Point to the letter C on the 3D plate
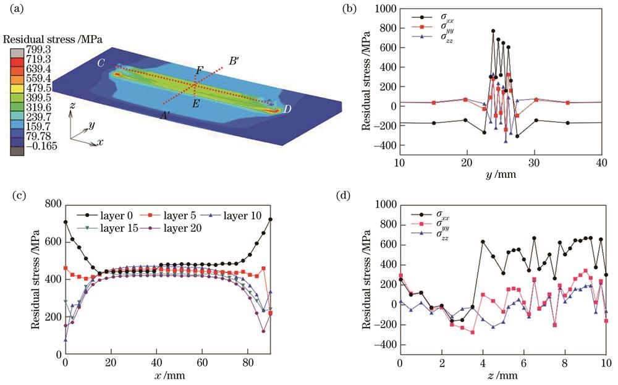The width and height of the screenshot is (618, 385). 100,62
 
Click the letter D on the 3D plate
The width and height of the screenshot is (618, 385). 288,109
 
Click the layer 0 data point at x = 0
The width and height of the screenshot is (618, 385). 66,222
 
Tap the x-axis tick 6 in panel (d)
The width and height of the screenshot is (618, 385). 523,362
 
